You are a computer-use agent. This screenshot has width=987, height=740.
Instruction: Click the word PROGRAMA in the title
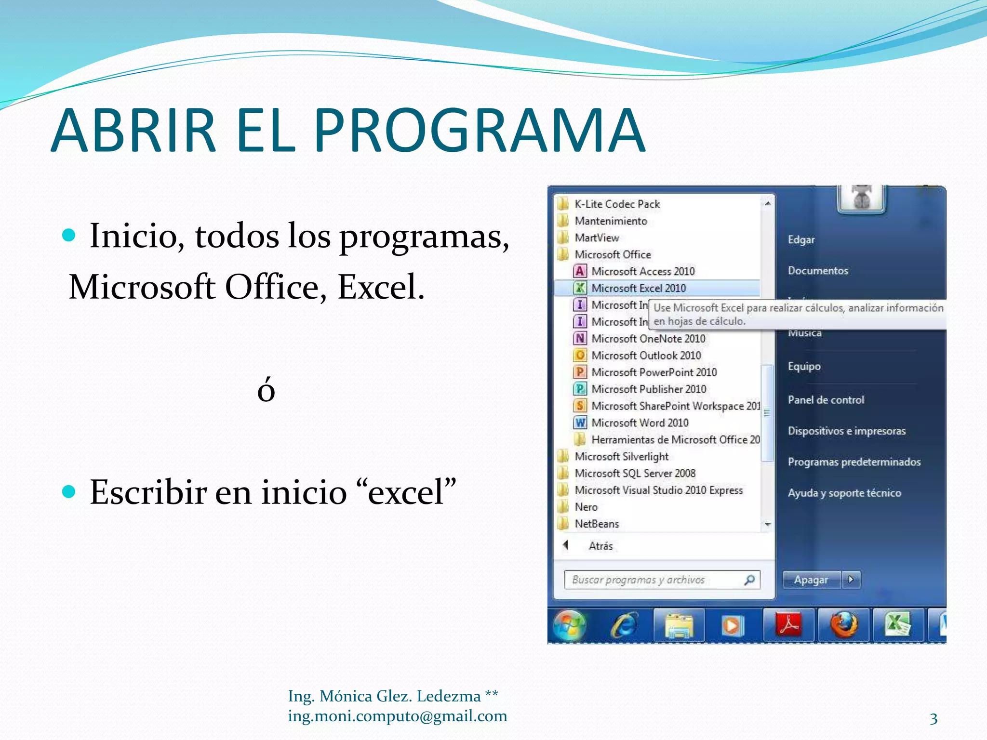(480, 131)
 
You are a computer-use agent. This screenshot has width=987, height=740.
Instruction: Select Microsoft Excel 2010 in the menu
(638, 288)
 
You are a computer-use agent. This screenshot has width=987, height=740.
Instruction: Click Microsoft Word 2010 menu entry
(640, 423)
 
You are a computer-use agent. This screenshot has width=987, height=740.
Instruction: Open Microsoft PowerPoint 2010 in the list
(654, 372)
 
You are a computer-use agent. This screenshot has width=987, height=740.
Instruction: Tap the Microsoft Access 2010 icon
(580, 271)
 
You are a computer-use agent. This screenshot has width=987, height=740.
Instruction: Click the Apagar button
(812, 580)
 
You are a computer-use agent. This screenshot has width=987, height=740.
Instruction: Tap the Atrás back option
(600, 546)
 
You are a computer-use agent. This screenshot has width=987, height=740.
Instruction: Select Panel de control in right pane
(826, 400)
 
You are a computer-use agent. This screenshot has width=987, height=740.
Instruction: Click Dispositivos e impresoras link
(846, 431)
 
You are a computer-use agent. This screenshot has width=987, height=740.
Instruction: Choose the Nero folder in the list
(586, 507)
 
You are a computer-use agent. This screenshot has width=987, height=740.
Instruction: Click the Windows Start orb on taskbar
(569, 625)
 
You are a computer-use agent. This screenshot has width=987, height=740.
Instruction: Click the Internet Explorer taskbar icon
(624, 625)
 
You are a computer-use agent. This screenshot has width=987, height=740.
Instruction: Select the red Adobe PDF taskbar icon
(788, 625)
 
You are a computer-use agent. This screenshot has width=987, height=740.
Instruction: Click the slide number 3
(934, 719)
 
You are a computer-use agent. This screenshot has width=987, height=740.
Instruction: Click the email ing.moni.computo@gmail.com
(397, 716)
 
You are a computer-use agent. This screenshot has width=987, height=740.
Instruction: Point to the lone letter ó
(266, 390)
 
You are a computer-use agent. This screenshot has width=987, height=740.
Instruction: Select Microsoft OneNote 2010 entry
(648, 339)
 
